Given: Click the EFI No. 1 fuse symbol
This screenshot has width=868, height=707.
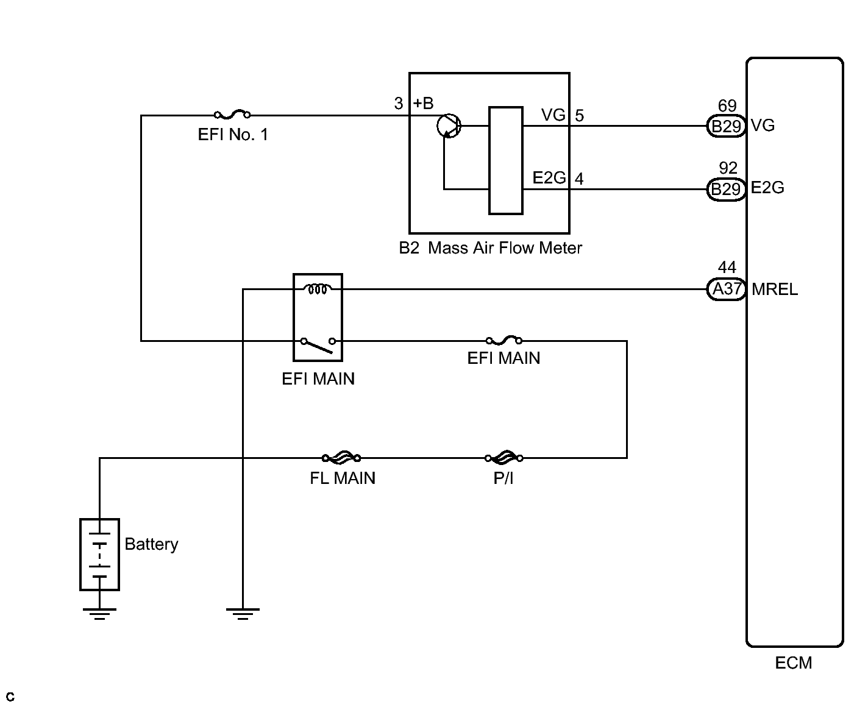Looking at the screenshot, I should click(x=232, y=114).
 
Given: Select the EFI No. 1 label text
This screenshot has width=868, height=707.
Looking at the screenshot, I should click(x=233, y=135).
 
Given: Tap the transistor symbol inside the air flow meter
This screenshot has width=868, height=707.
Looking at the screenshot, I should click(x=449, y=126).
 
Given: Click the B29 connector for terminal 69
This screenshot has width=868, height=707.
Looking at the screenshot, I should click(x=726, y=126).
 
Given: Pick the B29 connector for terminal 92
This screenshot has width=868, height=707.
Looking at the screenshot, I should click(x=726, y=189).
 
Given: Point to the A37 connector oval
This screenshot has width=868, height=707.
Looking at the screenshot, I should click(x=726, y=289).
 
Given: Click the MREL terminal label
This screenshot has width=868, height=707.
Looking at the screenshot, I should click(x=775, y=290).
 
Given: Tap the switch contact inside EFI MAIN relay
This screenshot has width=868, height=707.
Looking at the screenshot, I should click(x=318, y=346).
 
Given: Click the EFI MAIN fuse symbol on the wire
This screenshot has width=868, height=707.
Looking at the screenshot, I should click(x=504, y=340).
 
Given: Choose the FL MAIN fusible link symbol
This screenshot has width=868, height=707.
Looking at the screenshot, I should click(x=341, y=457).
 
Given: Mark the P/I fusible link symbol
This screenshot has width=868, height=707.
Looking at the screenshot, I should click(x=504, y=457).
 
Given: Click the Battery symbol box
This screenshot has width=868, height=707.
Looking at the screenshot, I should click(x=99, y=555).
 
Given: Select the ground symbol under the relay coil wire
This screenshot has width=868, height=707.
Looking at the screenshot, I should click(x=243, y=613).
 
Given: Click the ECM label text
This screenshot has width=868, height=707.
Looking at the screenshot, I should click(x=794, y=663).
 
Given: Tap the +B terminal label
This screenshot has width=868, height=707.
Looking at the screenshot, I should click(x=424, y=104).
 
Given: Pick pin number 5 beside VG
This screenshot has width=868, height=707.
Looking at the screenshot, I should click(x=579, y=115).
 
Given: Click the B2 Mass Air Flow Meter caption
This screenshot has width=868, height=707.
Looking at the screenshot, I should click(x=491, y=248).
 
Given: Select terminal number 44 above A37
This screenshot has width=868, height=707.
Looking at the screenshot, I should click(x=727, y=267).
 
